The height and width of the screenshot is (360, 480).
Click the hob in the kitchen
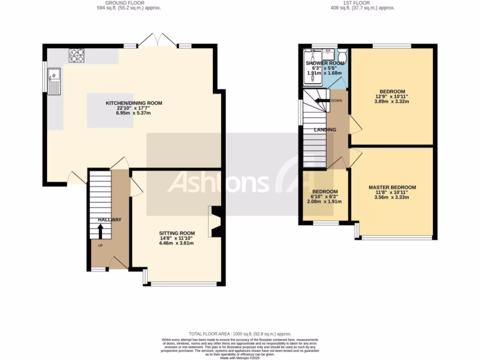pos(77,56)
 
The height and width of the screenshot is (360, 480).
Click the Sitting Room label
pos(177,233)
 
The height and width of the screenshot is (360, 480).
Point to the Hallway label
pos(110,220)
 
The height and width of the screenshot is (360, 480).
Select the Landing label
pos(325,130)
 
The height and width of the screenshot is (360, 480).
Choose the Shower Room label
pos(324,63)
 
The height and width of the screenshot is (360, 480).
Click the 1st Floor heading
pos(362,3)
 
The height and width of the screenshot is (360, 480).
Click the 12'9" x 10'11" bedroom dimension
pos(392,97)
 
